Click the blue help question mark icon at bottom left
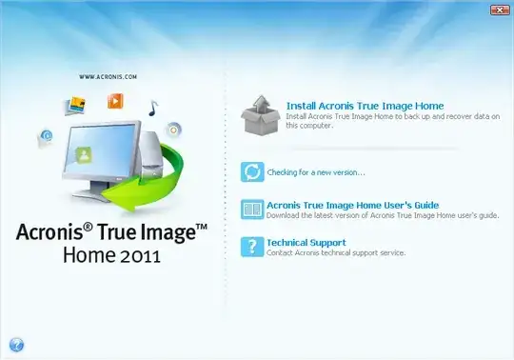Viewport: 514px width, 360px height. pyautogui.click(x=16, y=345)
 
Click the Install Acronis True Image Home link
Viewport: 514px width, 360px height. pyautogui.click(x=365, y=106)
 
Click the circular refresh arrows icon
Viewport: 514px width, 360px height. pyautogui.click(x=252, y=171)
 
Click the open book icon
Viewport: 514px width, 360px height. pyautogui.click(x=252, y=210)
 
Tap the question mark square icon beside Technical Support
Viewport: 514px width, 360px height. pyautogui.click(x=252, y=247)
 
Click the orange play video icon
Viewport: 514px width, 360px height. pyautogui.click(x=116, y=99)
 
